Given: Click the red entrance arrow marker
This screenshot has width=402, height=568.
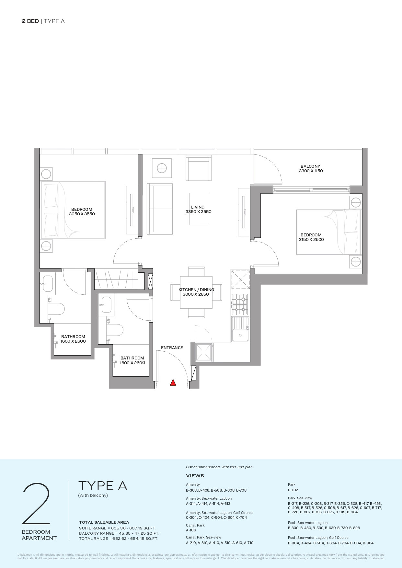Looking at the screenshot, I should pyautogui.click(x=173, y=383).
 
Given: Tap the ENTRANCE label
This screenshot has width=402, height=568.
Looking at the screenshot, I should pyautogui.click(x=172, y=347).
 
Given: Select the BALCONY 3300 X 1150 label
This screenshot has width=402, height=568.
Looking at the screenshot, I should pyautogui.click(x=311, y=169).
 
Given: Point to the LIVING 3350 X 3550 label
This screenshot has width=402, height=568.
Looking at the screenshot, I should pyautogui.click(x=198, y=209).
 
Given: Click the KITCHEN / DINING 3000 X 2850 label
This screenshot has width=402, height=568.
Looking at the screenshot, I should pyautogui.click(x=196, y=292).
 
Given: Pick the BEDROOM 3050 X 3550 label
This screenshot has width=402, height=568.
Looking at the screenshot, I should pyautogui.click(x=82, y=211).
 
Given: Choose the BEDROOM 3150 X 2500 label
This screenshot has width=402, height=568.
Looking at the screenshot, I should pyautogui.click(x=311, y=237).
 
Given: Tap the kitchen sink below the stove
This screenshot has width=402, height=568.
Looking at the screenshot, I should pyautogui.click(x=240, y=329).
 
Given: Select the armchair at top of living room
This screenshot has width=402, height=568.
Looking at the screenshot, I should pyautogui.click(x=199, y=168).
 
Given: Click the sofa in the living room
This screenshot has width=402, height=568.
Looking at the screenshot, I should pyautogui.click(x=160, y=209).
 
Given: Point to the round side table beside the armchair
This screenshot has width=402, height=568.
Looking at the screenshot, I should pyautogui.click(x=161, y=168).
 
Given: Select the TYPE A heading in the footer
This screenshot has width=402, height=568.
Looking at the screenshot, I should pyautogui.click(x=102, y=485).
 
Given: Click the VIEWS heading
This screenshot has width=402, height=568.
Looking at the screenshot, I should pyautogui.click(x=195, y=476).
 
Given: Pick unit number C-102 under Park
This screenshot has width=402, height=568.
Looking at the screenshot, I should pyautogui.click(x=293, y=490).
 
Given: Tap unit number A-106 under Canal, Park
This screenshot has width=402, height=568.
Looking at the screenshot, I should pyautogui.click(x=191, y=530).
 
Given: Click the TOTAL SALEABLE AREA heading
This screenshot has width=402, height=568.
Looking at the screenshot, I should pyautogui.click(x=104, y=522).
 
